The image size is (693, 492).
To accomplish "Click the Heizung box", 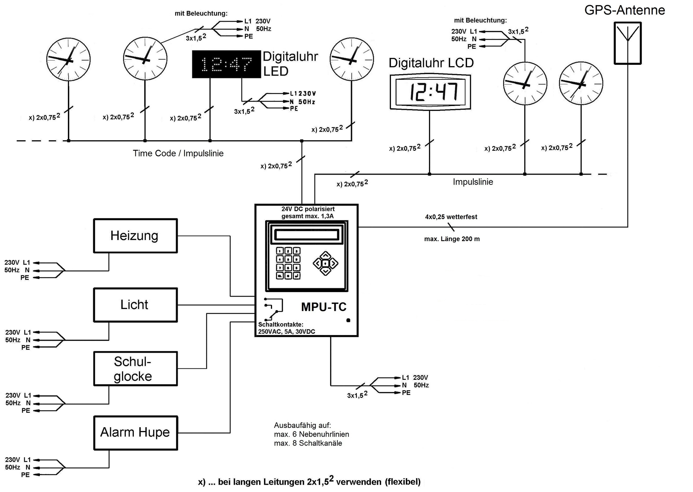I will pos(135,236).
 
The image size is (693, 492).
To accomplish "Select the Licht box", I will pos(135,305).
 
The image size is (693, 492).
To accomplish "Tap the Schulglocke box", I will pos(135,369).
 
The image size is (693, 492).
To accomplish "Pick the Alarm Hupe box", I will pos(135,433).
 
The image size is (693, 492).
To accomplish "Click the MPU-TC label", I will pos(324,307).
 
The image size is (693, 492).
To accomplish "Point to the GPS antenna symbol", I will pos(628,43).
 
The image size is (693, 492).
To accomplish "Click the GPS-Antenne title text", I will pos(624,10).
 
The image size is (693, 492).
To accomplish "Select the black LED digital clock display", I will pos(226,64).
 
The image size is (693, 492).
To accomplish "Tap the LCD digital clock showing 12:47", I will pos(430,92).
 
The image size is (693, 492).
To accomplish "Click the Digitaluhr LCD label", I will pos(431,63).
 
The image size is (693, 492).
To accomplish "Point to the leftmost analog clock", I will pos(69,60).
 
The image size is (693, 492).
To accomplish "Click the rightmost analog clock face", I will pos(581,83).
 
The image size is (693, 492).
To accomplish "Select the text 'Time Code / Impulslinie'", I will pos(178,153).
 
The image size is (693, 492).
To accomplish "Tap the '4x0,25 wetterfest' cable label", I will pos(451,217).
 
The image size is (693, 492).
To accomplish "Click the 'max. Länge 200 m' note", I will pos(452,239).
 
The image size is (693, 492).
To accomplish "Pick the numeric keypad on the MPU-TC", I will pos(288,263).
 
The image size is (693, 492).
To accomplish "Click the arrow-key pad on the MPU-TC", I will pos(325,264).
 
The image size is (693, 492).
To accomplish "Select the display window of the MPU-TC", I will pos(306,235).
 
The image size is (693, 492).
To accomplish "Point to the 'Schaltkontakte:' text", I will pos(280,325).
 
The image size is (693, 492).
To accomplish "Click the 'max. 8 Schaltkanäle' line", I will pos(308,443).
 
